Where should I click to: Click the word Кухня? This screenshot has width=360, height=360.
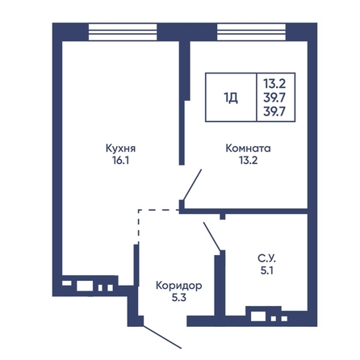[120, 149]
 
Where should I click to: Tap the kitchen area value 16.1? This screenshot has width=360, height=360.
[121, 161]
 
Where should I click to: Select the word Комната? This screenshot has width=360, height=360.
[248, 149]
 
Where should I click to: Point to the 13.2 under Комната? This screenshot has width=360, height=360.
[248, 161]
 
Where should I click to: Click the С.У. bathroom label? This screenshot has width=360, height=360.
[267, 258]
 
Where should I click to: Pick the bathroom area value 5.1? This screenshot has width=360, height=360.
[267, 270]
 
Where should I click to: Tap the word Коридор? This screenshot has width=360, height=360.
[179, 286]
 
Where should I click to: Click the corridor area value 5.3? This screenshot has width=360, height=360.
[179, 298]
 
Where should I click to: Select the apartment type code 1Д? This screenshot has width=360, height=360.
[231, 98]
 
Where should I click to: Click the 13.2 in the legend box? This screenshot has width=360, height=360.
[274, 84]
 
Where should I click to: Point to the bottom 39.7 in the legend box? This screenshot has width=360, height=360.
[274, 111]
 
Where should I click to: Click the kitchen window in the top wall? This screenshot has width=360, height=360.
[123, 32]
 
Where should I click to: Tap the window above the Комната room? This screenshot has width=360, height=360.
[251, 32]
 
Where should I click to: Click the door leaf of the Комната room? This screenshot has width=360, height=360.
[192, 185]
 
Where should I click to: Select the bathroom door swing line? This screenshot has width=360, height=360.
[212, 237]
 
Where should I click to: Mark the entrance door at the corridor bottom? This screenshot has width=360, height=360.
[162, 337]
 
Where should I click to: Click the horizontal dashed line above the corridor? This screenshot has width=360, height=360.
[159, 210]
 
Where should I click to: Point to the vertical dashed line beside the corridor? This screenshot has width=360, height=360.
[139, 226]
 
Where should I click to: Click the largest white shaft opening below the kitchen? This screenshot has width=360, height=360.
[85, 286]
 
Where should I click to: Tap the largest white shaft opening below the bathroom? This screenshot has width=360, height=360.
[258, 316]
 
